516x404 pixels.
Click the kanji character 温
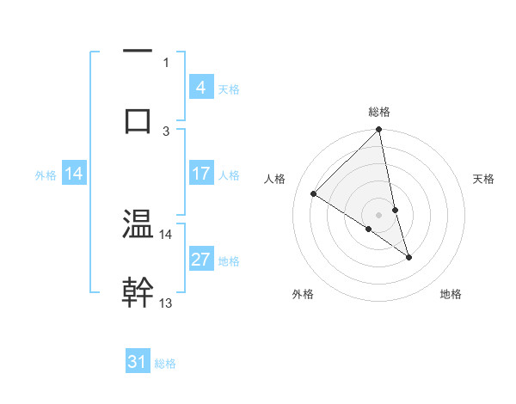coord(138,224)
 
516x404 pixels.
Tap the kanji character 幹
coord(138,291)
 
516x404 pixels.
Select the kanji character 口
coord(138,119)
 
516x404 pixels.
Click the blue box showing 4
coord(200,88)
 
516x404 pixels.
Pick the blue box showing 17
coord(200,174)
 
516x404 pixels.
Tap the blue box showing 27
coord(200,260)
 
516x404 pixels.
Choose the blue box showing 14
coord(74,174)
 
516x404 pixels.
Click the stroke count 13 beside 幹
coord(166,303)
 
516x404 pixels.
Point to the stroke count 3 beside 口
coord(166,131)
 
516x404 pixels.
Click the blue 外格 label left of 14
coord(46,174)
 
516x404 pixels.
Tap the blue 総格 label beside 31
coord(165,364)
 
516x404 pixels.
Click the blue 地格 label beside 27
coord(229,260)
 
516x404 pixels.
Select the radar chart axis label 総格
coord(379,112)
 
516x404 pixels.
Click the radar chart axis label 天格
coord(484,179)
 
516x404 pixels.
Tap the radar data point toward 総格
coord(378,131)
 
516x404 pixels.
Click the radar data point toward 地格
coord(408,257)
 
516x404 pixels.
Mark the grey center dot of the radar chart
coord(378,214)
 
